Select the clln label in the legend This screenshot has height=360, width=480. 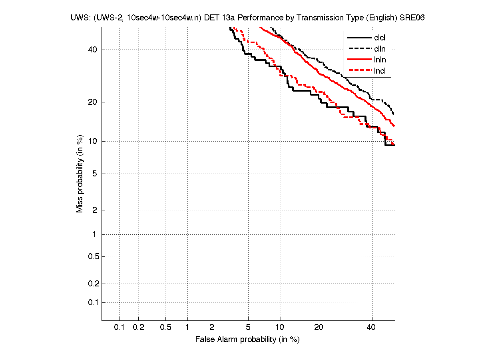click(380, 49)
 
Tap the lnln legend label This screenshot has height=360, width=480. click(380, 60)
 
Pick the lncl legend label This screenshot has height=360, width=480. click(380, 71)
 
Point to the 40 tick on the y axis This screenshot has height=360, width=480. click(92, 50)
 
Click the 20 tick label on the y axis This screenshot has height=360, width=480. click(92, 102)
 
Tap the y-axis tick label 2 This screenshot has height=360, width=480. click(94, 210)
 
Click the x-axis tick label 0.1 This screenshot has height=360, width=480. click(120, 328)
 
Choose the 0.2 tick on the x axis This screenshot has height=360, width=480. click(138, 328)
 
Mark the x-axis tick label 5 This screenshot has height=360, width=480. click(248, 328)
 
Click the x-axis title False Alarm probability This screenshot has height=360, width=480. click(247, 340)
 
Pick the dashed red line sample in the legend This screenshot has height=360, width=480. click(359, 71)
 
